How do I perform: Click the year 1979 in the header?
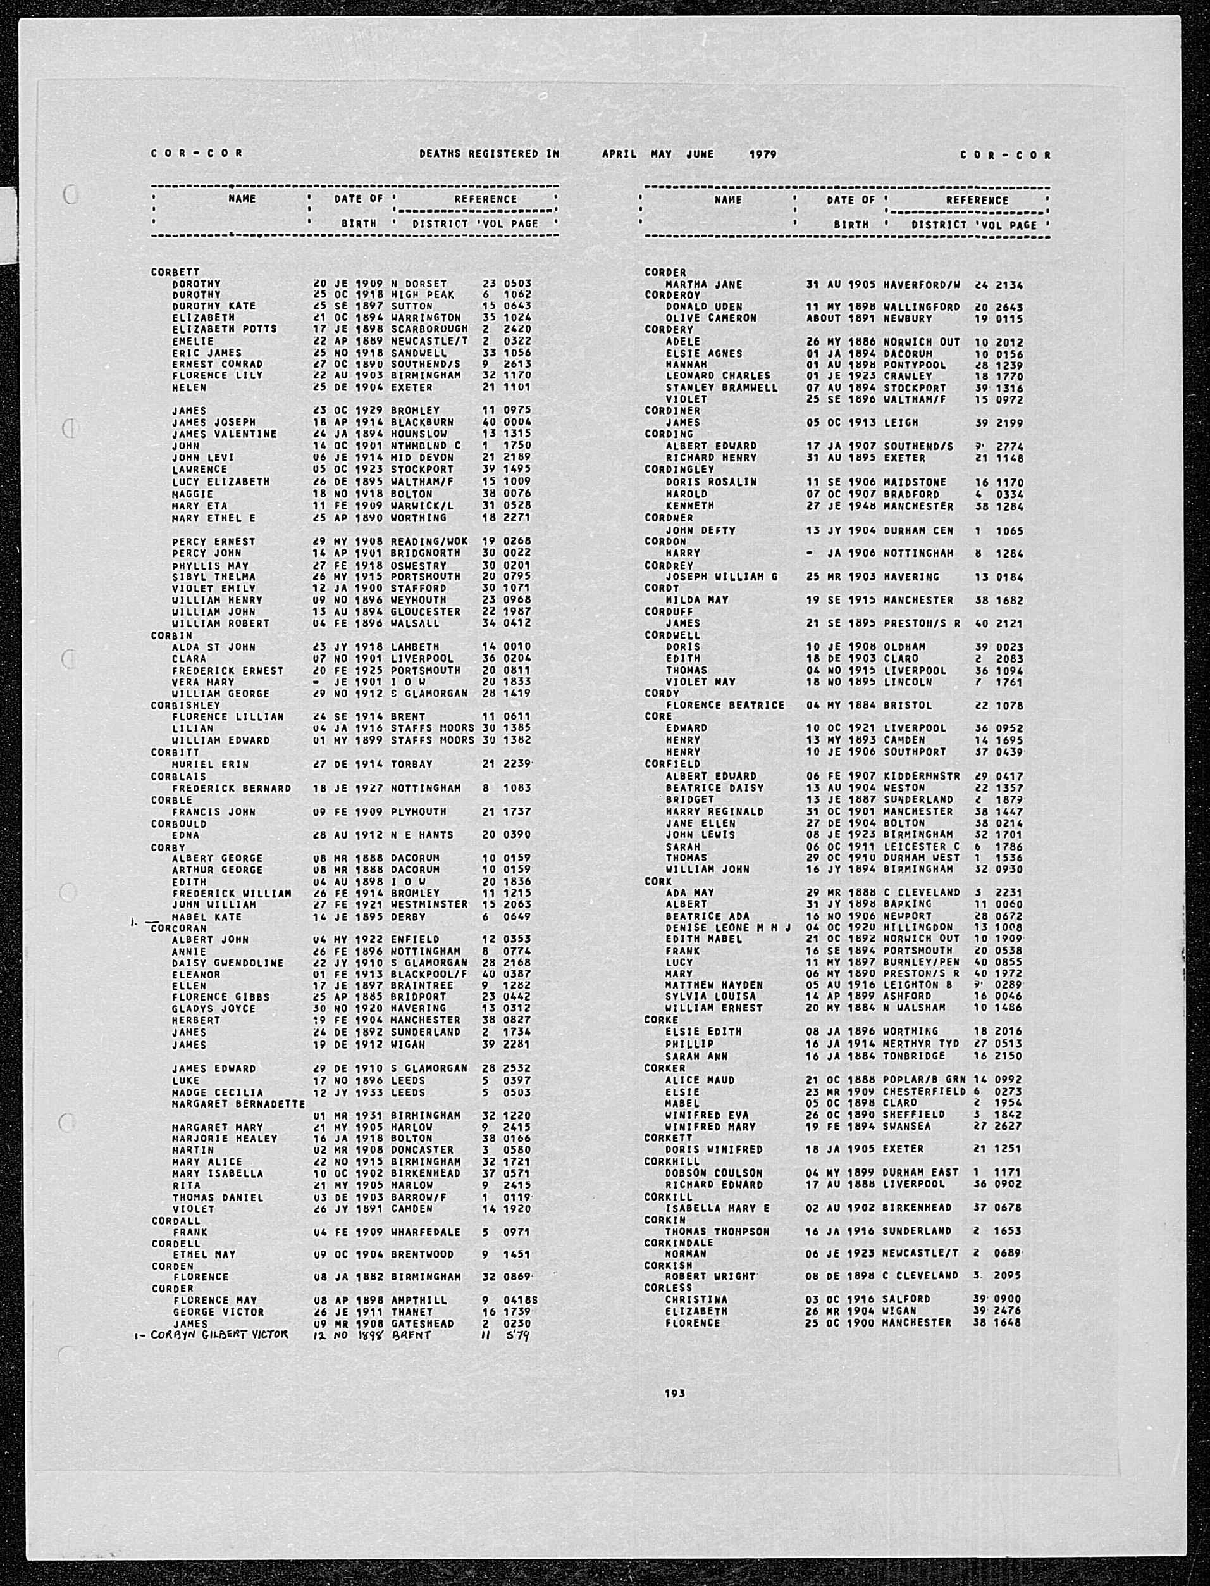coord(763,154)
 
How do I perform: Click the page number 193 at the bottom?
coord(675,1394)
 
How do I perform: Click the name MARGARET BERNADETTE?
coord(238,1104)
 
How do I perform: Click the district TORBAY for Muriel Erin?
coord(414,764)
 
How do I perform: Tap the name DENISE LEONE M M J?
coord(727,927)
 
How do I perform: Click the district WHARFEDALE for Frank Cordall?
coord(426,1232)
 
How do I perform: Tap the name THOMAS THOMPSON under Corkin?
coord(717,1232)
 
